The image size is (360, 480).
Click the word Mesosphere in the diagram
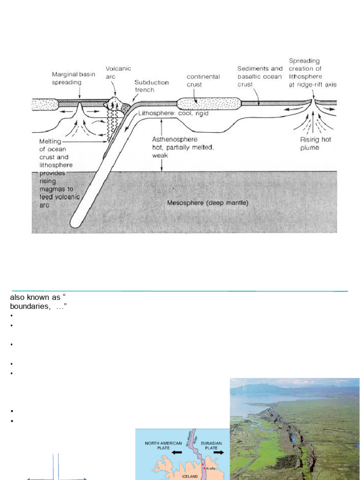click(x=184, y=203)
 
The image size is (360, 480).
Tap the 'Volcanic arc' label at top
click(x=118, y=72)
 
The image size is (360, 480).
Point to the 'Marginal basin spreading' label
click(x=67, y=78)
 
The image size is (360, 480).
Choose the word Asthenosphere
click(x=174, y=139)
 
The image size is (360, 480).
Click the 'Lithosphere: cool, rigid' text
click(x=173, y=113)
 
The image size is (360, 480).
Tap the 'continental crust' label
click(x=203, y=81)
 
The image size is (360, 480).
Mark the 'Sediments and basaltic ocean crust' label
click(x=260, y=76)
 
